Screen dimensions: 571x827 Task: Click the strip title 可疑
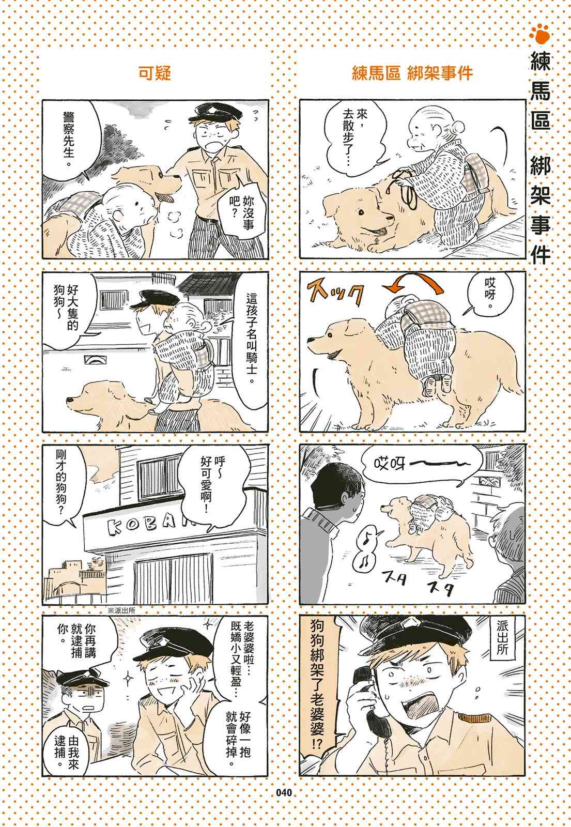click(x=155, y=73)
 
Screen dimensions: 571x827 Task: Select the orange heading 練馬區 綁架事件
click(x=412, y=73)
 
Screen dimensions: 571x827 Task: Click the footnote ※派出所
click(x=121, y=610)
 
